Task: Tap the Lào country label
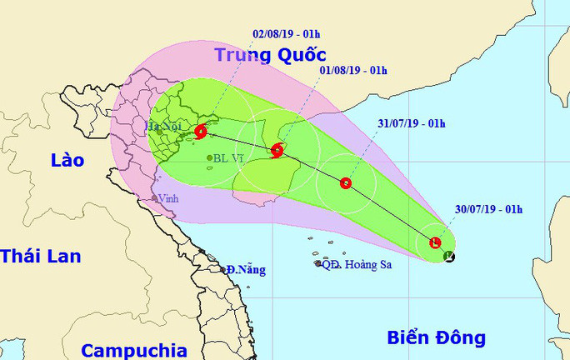click(67, 160)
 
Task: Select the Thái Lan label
click(40, 256)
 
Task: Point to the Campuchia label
click(134, 350)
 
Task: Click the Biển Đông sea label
click(436, 337)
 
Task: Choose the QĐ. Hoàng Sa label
click(357, 264)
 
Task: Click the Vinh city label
click(169, 198)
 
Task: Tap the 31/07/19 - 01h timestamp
click(410, 124)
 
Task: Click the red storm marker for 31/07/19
click(346, 183)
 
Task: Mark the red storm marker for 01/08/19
click(277, 151)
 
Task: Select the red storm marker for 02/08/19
click(201, 131)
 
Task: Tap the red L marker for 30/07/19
click(434, 242)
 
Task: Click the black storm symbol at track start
click(450, 257)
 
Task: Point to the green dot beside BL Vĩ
click(209, 157)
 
